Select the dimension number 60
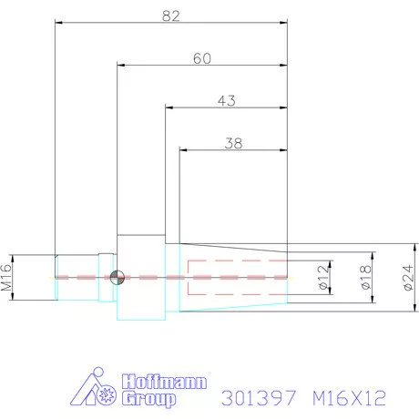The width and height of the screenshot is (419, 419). coord(202,57)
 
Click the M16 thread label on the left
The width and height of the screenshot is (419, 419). coord(7,276)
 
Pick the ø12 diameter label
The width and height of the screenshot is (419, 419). coord(322,277)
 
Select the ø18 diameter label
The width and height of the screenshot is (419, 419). coord(365,277)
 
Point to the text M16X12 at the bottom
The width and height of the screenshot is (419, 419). coord(349,397)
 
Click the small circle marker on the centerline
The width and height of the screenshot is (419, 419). coord(115,277)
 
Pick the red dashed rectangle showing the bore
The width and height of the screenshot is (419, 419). coord(237,277)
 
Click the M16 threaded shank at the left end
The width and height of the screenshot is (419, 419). coord(75,277)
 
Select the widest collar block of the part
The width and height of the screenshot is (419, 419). coord(141,277)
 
